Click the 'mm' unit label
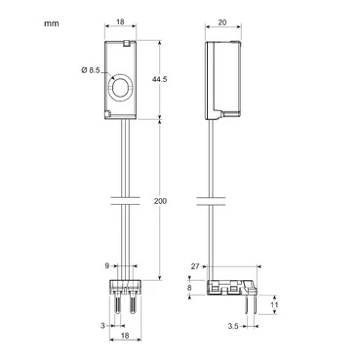[52, 23]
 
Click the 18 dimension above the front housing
[120, 22]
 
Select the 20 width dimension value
[222, 22]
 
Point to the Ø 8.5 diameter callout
[91, 70]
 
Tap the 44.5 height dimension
[160, 79]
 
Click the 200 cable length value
[160, 201]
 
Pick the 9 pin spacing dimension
[107, 266]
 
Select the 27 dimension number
[195, 266]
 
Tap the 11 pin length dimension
[275, 305]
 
